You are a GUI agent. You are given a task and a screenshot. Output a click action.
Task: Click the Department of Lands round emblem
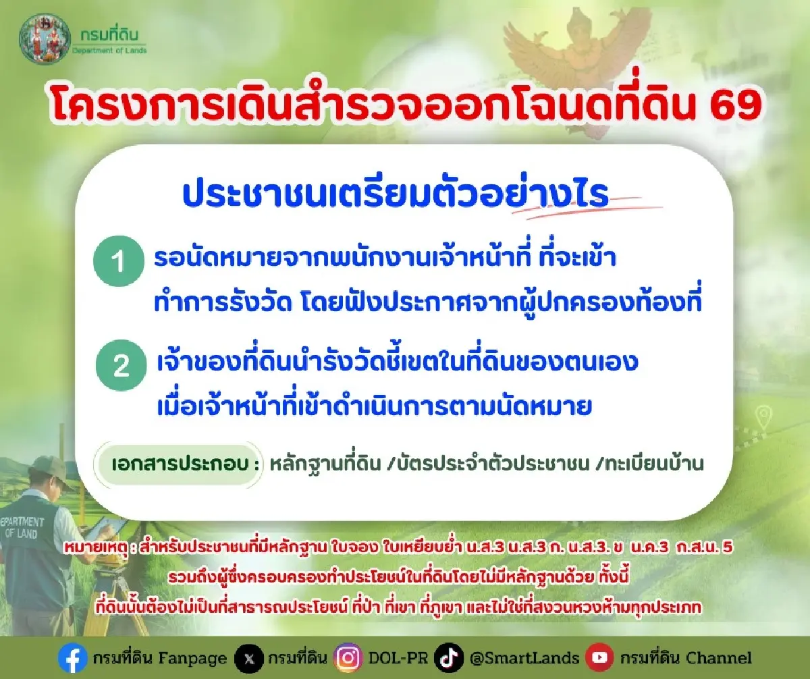pos(44,39)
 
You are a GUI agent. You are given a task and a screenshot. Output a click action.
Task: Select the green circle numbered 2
pos(122,365)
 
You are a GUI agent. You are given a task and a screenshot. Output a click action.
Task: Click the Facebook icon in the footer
pos(72,657)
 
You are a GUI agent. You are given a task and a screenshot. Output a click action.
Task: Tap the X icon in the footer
pos(249,657)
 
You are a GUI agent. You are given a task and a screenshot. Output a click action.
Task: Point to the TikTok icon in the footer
pos(449,657)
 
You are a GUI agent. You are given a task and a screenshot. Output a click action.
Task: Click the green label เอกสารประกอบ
pos(180,464)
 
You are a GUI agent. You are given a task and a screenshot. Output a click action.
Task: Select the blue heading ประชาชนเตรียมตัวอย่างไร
pos(396,194)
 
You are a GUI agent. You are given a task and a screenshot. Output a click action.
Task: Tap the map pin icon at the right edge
pos(763,416)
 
